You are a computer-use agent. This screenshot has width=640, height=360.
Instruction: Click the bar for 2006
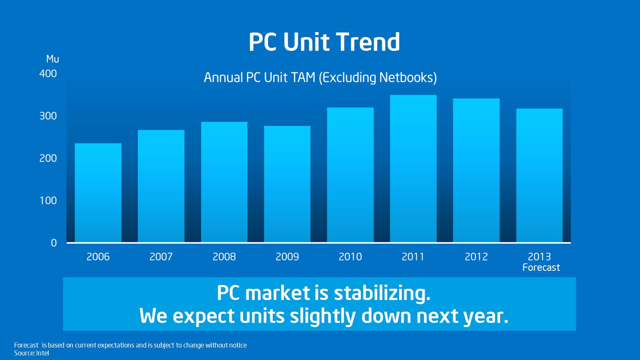(x=98, y=193)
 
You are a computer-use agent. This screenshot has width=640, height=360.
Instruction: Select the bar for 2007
(x=161, y=186)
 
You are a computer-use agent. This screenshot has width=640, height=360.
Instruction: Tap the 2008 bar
(x=224, y=182)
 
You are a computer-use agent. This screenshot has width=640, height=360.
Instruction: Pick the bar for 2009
(x=287, y=184)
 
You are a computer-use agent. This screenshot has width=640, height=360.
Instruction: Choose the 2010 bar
(x=350, y=175)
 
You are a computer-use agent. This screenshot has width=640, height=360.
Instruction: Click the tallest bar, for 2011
(x=413, y=169)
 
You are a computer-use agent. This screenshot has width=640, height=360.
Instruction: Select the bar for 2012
(x=476, y=170)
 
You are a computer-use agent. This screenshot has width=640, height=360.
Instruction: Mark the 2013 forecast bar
(x=540, y=175)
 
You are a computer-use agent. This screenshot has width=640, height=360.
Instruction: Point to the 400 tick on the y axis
(x=48, y=74)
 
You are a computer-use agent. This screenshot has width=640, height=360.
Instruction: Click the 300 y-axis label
(x=48, y=116)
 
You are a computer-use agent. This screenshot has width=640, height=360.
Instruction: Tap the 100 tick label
(x=48, y=200)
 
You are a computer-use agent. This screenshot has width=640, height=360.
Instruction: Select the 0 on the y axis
(x=54, y=243)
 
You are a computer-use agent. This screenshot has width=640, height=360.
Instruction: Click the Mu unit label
(x=52, y=59)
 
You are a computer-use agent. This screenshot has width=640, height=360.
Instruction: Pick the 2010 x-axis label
(x=350, y=257)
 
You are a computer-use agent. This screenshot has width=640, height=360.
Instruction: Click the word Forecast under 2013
(x=541, y=267)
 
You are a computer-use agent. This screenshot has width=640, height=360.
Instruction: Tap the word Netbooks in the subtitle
(x=406, y=77)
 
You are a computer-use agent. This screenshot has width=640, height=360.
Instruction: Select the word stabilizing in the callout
(x=382, y=293)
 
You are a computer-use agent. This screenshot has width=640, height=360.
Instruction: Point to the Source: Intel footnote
(x=31, y=353)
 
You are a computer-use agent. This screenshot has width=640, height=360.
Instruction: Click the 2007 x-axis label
(x=161, y=257)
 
